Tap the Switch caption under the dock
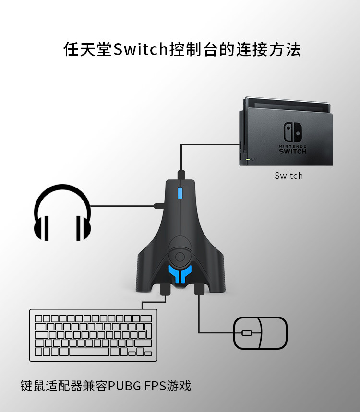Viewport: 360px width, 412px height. pyautogui.click(x=288, y=176)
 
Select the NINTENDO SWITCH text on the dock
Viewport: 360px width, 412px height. pyautogui.click(x=293, y=149)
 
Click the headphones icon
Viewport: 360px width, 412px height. pyautogui.click(x=62, y=213)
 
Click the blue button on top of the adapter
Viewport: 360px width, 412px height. pyautogui.click(x=180, y=193)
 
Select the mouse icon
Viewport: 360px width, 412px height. pyautogui.click(x=260, y=333)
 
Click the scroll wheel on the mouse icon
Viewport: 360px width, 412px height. pyautogui.click(x=247, y=333)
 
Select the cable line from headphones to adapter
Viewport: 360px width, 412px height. pyautogui.click(x=122, y=206)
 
